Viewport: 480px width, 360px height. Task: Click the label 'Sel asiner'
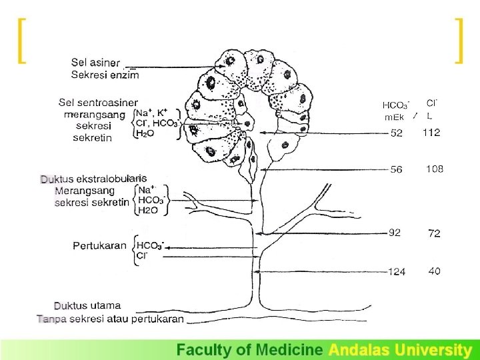[x=95, y=63]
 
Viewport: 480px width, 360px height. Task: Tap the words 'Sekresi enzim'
[x=105, y=74]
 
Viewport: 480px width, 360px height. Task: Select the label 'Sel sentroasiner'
[x=98, y=103]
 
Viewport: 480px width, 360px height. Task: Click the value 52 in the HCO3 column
[x=397, y=133]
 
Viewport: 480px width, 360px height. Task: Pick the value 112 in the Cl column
[x=431, y=133]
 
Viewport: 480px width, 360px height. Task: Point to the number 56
[x=397, y=169]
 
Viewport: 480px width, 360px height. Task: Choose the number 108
[x=435, y=169]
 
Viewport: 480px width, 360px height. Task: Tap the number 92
[x=395, y=233]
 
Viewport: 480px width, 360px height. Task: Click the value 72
[x=434, y=233]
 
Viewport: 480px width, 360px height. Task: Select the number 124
[x=397, y=271]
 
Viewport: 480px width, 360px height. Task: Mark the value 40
[x=434, y=271]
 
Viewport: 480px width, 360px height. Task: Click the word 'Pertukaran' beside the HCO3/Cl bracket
[x=99, y=245]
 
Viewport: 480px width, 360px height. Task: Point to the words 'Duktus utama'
[x=87, y=306]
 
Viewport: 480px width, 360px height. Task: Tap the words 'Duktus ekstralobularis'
[x=93, y=179]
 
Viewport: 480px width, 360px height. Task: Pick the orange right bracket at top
[x=459, y=41]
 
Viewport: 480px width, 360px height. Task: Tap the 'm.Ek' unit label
[x=395, y=117]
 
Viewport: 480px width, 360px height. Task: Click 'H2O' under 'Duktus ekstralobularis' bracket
[x=148, y=210]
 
